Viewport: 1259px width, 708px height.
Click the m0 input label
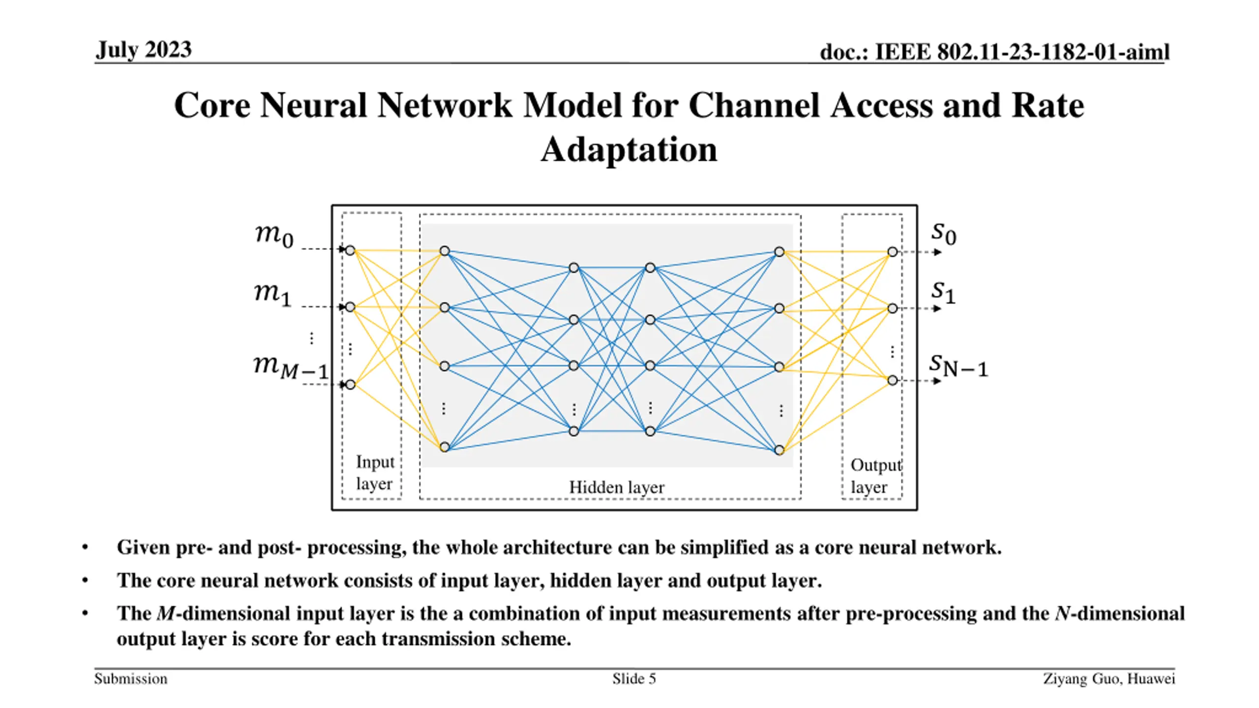pos(274,236)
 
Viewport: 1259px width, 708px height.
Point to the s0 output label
pos(944,234)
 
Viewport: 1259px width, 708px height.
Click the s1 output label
pos(943,293)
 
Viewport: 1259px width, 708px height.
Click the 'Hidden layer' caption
pos(617,487)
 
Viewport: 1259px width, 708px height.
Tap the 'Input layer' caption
pos(375,472)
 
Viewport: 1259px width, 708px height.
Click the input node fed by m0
pos(350,250)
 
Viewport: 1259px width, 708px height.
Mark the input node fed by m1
pos(350,307)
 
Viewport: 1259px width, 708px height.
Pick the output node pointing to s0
pos(892,252)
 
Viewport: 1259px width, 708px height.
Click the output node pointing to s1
pos(892,309)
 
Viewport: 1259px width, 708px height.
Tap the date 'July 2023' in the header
pos(144,50)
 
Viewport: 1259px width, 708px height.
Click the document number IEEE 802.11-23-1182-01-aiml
pos(994,52)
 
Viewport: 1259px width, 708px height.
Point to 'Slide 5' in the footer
pos(634,679)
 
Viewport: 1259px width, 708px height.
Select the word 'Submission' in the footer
pos(131,679)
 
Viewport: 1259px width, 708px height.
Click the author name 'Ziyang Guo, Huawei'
pos(1109,679)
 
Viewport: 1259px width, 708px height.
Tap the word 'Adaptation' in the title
pos(629,149)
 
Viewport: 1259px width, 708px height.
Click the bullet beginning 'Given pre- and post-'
pos(559,547)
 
